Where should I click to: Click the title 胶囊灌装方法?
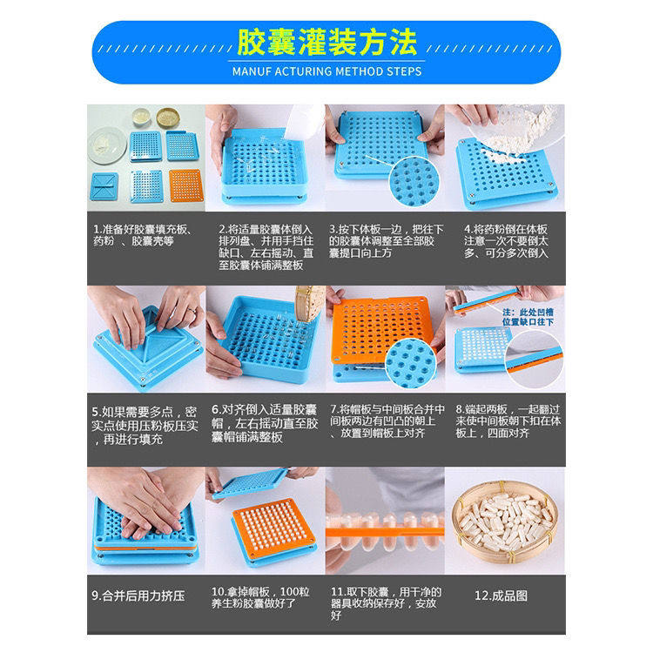pos(326,42)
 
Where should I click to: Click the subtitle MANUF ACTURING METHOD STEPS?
pos(326,71)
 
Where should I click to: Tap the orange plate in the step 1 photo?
pos(185,185)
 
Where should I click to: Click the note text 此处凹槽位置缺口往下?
pos(536,314)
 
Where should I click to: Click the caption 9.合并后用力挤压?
pos(139,596)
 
